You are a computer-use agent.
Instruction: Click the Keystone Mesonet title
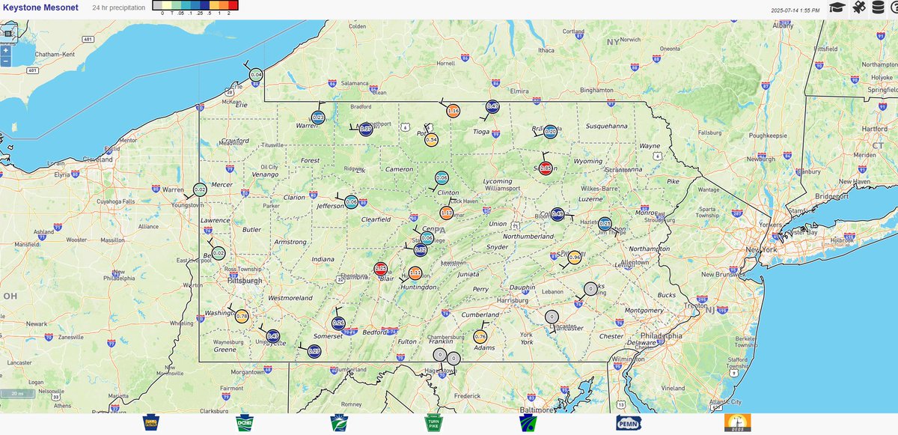coord(40,7)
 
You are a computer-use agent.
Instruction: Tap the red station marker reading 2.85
coord(546,168)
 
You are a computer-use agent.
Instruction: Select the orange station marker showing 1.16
coord(453,112)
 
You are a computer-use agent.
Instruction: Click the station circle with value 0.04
coord(256,74)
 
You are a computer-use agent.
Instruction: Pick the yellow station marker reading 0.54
coord(431,139)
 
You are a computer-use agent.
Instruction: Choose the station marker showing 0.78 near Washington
coord(242,316)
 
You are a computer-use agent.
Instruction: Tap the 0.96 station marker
coord(575,258)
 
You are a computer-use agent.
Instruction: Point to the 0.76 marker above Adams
coord(480,337)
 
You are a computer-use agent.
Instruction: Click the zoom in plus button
coord(5,51)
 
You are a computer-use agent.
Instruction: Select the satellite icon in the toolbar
coord(858,7)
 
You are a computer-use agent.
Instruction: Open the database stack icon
coord(877,7)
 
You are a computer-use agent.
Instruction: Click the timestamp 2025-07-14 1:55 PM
coord(795,10)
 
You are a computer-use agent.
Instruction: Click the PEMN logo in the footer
coord(629,424)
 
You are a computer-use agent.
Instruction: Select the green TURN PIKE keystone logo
coord(434,424)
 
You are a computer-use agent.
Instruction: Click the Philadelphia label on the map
coord(660,336)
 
